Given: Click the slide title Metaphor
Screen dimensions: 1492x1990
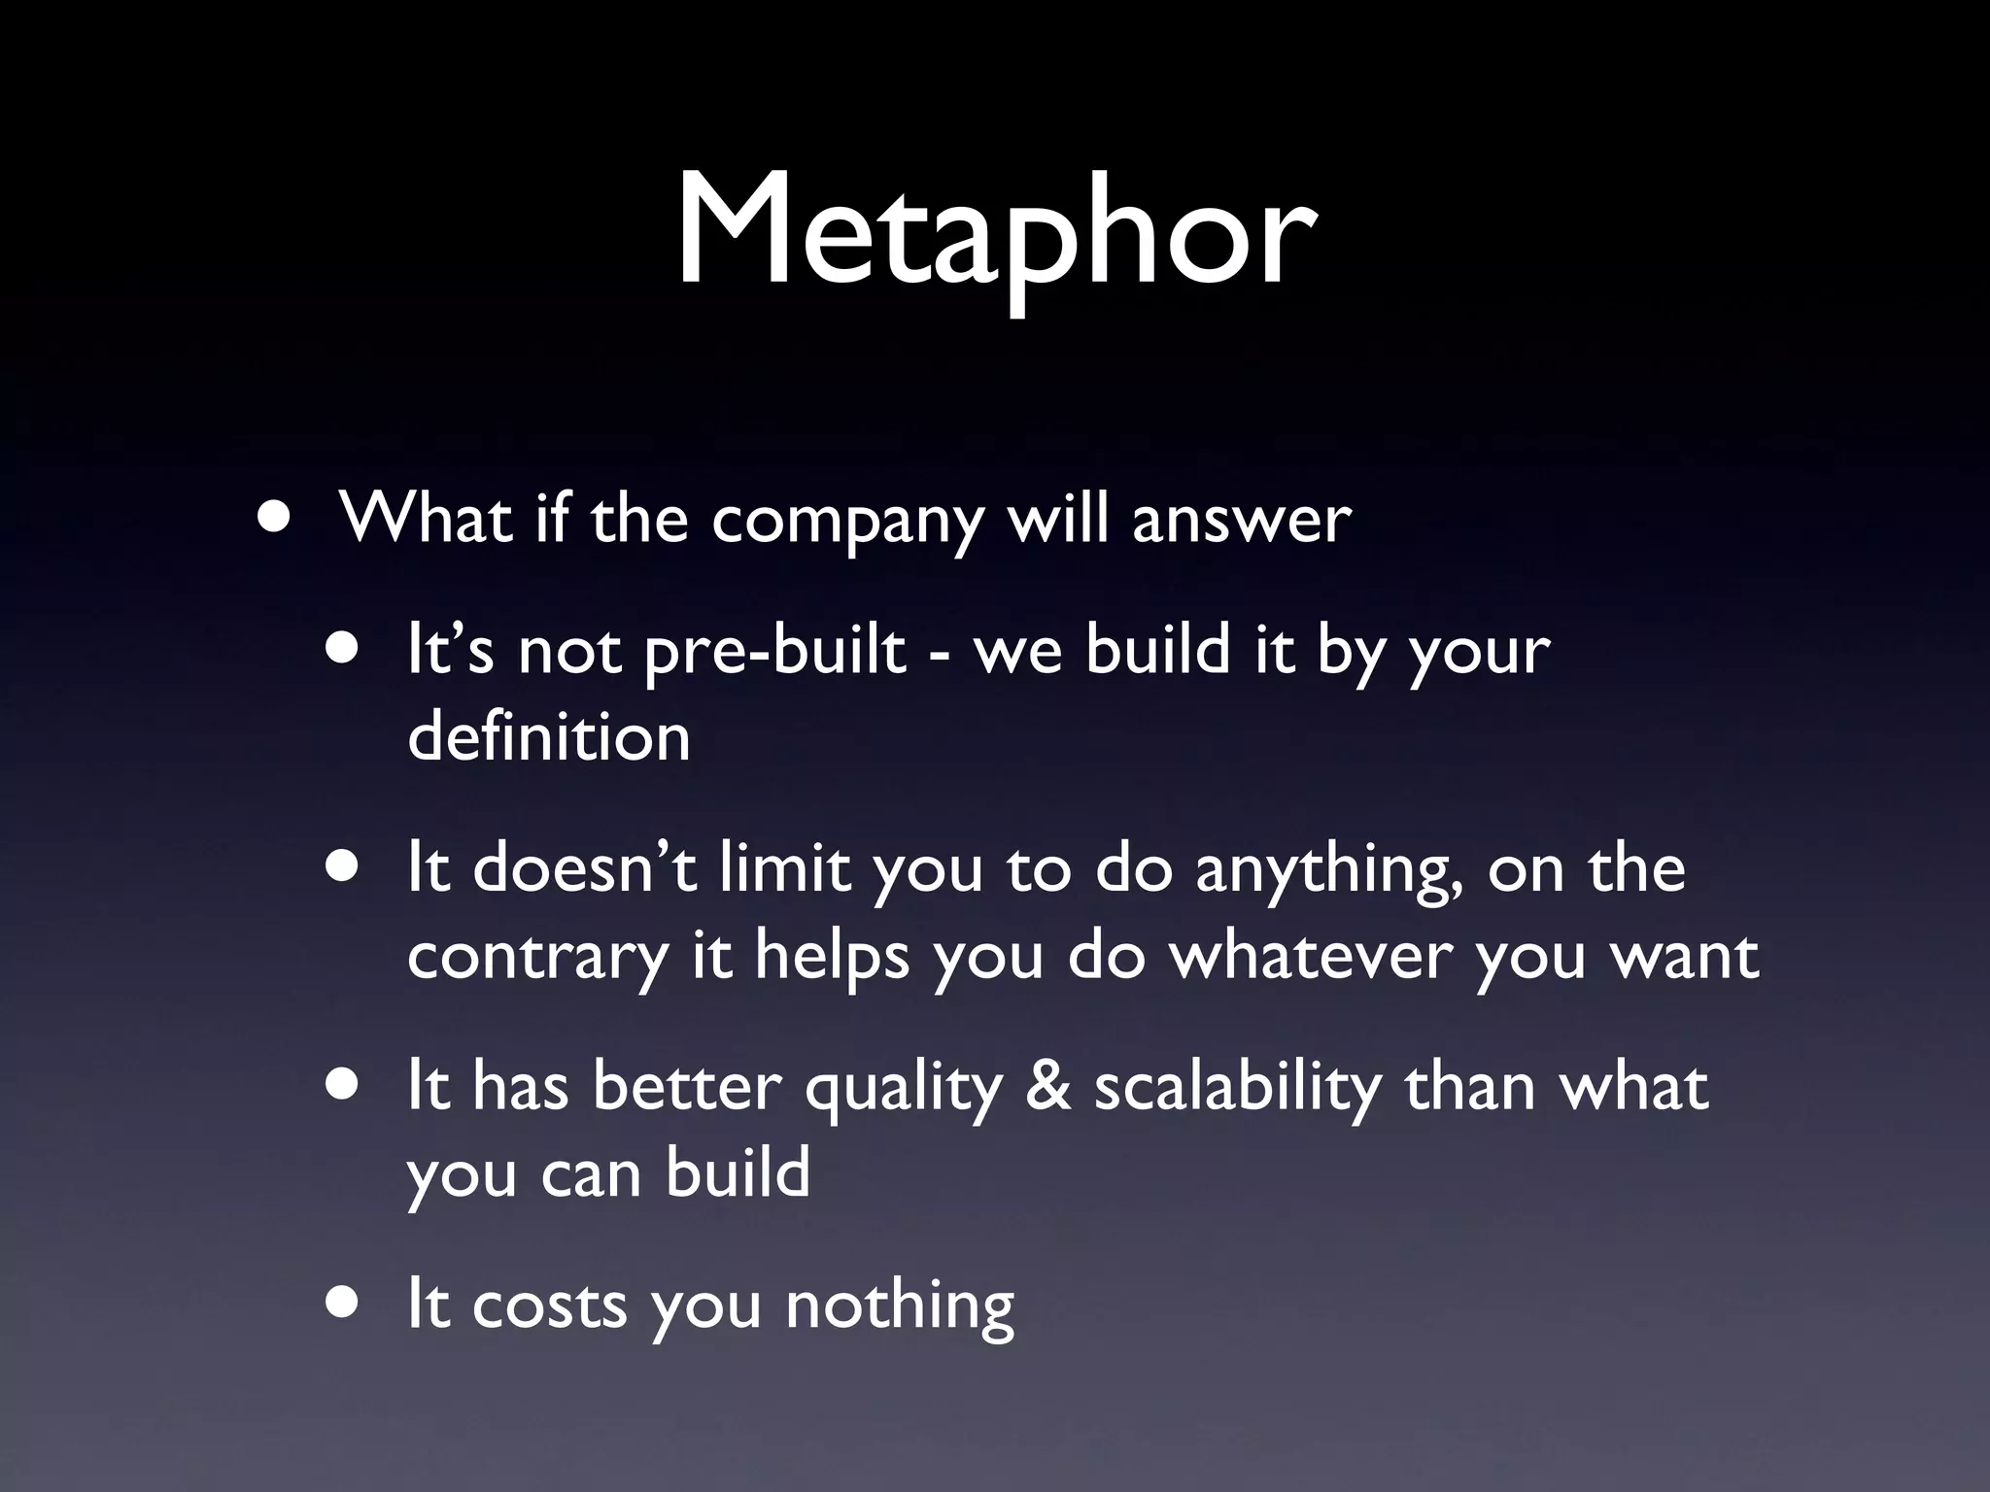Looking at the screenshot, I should [x=995, y=233].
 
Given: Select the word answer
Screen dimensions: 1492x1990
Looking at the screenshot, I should [x=1241, y=520].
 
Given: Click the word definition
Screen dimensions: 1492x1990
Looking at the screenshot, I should [x=548, y=737].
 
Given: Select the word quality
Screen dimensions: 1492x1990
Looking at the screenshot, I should [x=903, y=1088].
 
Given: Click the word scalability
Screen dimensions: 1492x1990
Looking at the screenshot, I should [x=1237, y=1088].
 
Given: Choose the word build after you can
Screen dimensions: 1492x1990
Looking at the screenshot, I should [x=738, y=1172].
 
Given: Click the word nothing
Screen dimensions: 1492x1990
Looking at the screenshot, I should [x=900, y=1306].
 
